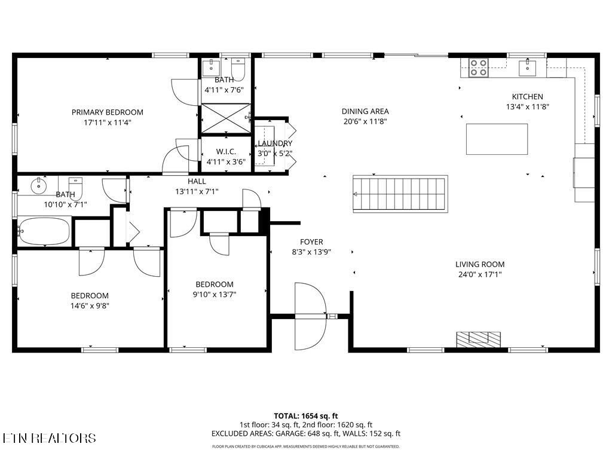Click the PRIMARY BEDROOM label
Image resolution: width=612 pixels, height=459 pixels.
pos(108,112)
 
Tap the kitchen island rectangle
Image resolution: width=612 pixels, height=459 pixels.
pos(497,139)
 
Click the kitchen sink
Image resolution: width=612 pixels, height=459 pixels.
pos(528,67)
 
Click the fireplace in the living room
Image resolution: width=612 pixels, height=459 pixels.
pos(478,339)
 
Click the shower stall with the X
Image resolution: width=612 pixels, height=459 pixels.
pos(225,118)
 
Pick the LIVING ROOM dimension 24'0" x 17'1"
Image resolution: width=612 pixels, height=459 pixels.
pos(479,275)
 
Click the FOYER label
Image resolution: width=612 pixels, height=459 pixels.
pos(311,242)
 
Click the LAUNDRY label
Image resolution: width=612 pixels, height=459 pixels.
pos(275,143)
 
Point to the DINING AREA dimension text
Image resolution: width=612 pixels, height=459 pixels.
pos(365,121)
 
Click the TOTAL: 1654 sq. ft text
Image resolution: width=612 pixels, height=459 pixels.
pos(306,415)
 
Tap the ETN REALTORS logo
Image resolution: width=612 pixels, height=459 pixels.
pos(49,438)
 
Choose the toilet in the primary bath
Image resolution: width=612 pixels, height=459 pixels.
pos(238,69)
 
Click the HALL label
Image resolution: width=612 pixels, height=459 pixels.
pos(197,181)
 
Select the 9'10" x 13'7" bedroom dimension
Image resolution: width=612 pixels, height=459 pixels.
pos(215,294)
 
